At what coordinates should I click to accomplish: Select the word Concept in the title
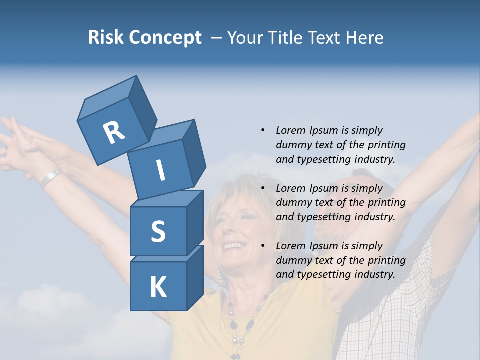point(164,38)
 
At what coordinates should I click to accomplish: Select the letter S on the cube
point(158,231)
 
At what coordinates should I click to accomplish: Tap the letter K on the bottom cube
point(158,287)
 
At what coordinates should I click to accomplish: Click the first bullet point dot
point(263,130)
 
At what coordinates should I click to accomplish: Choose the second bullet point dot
point(263,188)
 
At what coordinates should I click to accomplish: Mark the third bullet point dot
point(263,246)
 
